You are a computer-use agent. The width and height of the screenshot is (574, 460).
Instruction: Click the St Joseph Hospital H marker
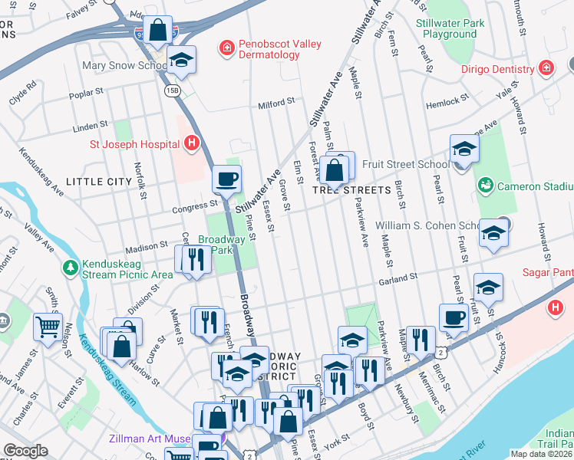click(192, 143)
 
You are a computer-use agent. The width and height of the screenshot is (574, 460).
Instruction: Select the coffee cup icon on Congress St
click(226, 179)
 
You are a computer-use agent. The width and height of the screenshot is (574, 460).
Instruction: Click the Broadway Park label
click(221, 245)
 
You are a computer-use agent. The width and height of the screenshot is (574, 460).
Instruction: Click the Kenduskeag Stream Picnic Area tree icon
click(70, 267)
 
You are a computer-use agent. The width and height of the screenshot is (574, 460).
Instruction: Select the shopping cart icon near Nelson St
click(48, 327)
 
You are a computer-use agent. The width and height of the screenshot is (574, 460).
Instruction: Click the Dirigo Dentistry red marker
click(546, 68)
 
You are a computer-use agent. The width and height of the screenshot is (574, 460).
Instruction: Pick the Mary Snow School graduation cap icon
click(181, 59)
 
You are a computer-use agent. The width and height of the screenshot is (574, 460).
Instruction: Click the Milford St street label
click(276, 102)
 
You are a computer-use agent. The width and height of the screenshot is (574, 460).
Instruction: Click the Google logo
click(25, 451)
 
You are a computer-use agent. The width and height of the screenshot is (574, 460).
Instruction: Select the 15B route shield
click(171, 90)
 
